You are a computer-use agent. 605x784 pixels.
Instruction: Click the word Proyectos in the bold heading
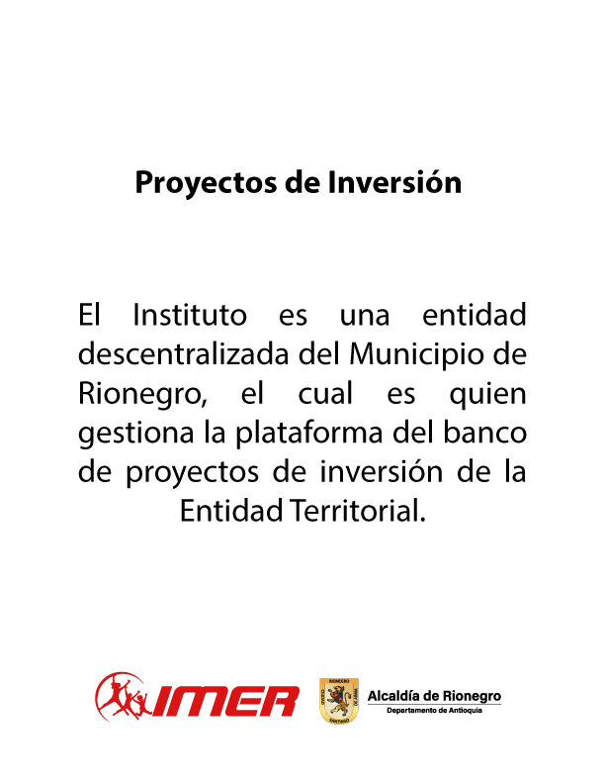(206, 183)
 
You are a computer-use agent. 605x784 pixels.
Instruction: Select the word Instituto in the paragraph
(190, 315)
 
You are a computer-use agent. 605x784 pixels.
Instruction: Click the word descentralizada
(184, 354)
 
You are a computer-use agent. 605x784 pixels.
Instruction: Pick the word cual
(325, 393)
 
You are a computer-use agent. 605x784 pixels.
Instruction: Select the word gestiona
(135, 434)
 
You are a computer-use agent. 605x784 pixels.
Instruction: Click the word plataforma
(309, 434)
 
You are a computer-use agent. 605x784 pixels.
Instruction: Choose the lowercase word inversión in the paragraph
(382, 471)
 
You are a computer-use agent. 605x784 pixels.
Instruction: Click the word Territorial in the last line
(358, 511)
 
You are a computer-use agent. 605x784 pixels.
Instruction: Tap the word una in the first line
(365, 317)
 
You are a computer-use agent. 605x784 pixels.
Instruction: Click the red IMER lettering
(224, 702)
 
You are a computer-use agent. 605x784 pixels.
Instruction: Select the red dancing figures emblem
(123, 697)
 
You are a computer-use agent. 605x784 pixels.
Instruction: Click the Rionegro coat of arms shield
(339, 701)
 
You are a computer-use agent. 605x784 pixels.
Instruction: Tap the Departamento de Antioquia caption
(434, 711)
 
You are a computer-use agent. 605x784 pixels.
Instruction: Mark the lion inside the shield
(339, 699)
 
